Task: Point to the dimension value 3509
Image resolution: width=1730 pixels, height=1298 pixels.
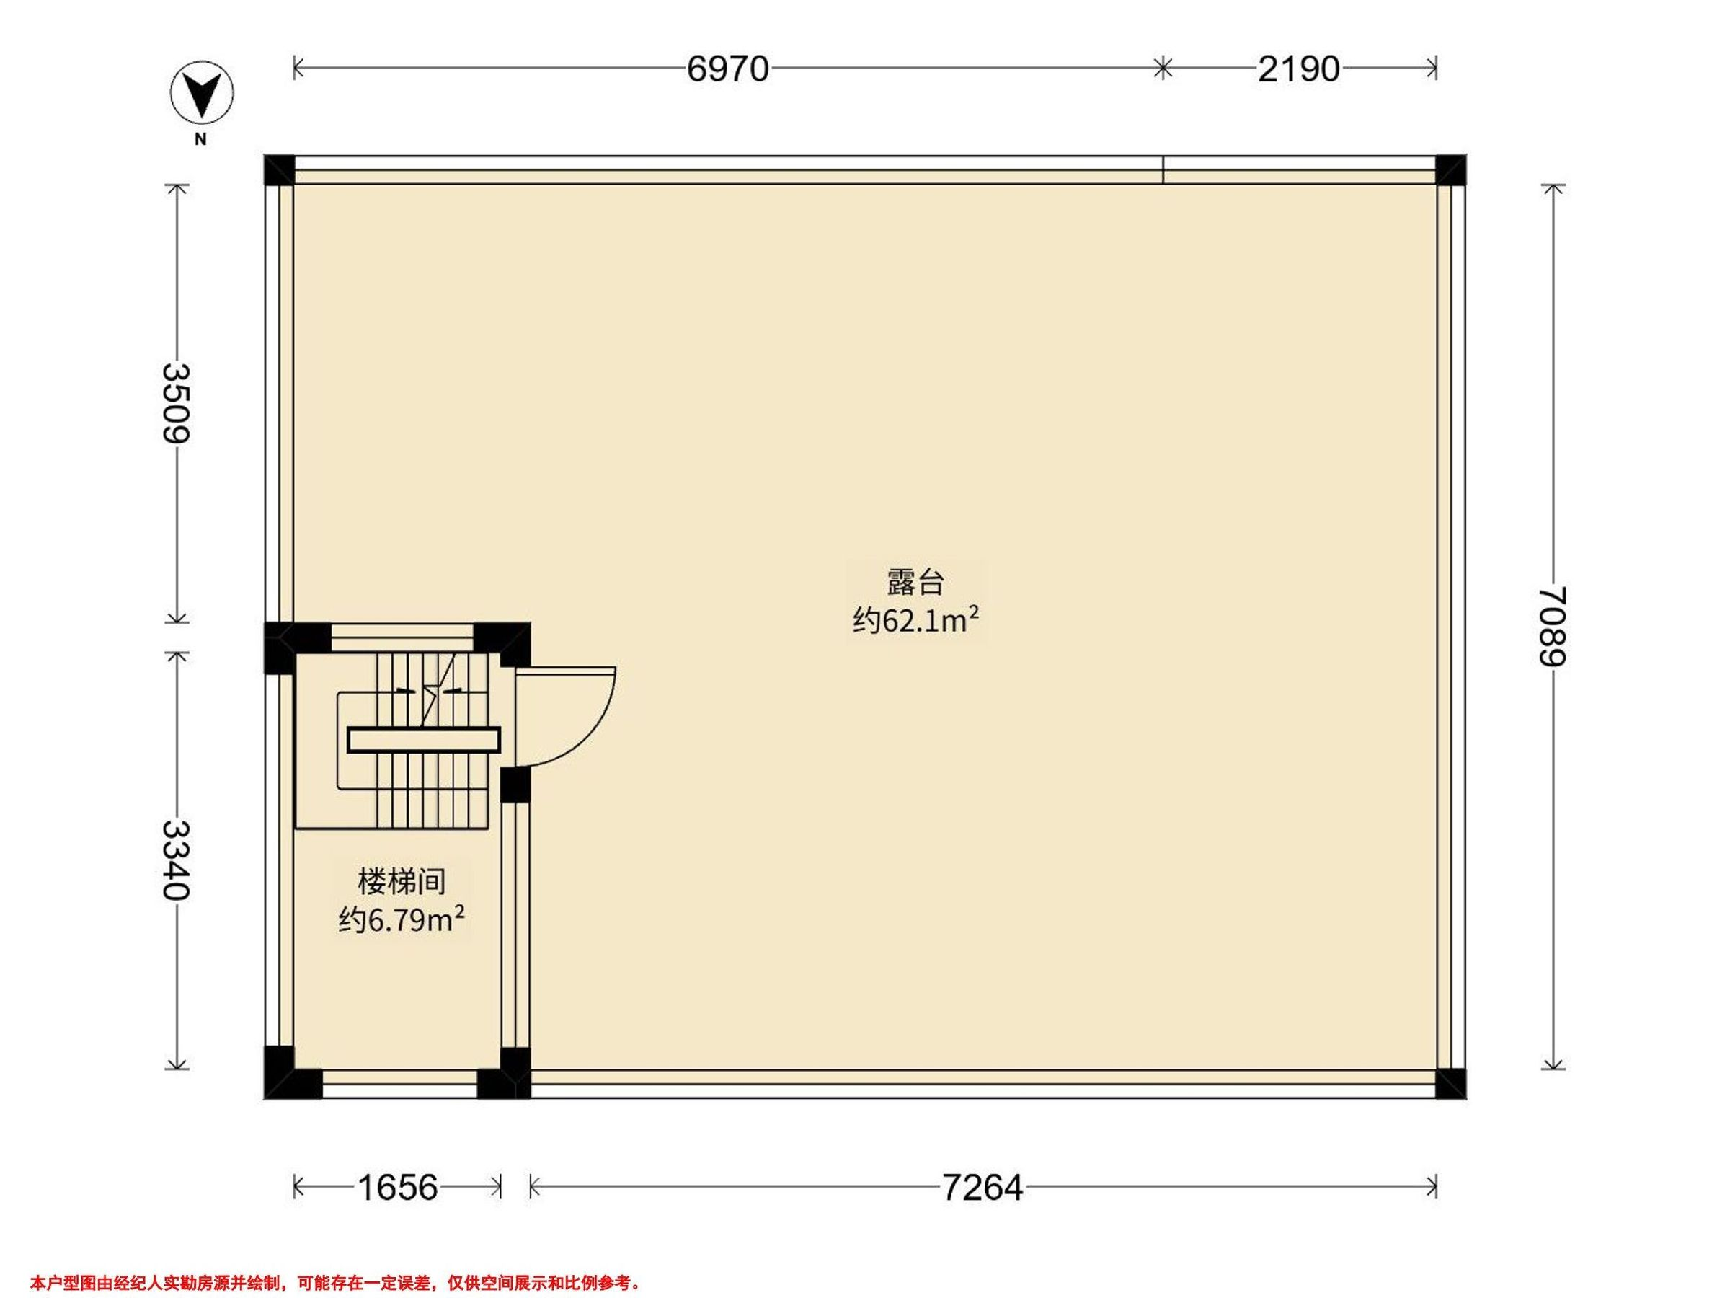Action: (177, 404)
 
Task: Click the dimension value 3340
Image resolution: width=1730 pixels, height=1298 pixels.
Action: (177, 860)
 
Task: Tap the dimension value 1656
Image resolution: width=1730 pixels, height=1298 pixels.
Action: (398, 1188)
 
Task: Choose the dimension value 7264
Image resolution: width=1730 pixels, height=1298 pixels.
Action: (982, 1188)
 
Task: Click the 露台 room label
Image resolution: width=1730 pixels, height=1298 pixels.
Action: (916, 583)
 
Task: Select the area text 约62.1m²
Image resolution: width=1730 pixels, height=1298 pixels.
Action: (916, 621)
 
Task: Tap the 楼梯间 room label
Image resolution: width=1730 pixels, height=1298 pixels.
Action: (402, 882)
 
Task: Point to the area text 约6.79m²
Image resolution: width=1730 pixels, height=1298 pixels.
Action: (402, 920)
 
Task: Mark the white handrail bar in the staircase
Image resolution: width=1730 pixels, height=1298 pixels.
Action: (424, 740)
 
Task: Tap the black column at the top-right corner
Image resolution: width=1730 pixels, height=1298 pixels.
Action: (1452, 169)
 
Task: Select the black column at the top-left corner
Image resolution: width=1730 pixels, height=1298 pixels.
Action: (279, 169)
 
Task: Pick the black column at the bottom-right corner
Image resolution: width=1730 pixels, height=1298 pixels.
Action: (1452, 1084)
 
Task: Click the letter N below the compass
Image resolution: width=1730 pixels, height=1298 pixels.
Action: (201, 139)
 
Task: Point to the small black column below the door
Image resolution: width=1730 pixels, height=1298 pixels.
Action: (515, 785)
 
